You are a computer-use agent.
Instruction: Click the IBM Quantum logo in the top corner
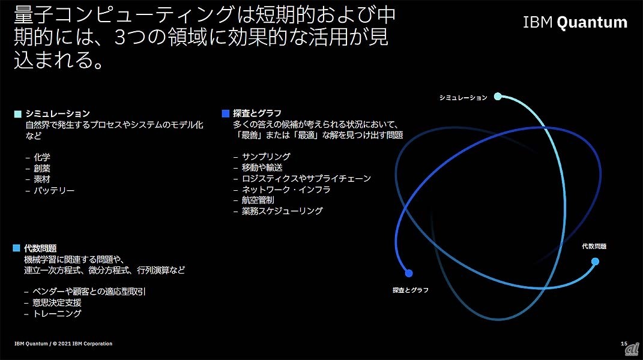575,22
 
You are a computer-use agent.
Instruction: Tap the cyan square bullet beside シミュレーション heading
17,114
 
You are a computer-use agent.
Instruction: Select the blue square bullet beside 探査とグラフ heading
225,113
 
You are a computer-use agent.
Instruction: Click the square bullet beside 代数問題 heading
16,248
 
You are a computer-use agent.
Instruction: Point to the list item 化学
42,157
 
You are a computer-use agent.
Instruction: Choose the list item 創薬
42,168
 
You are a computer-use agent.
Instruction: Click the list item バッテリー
54,191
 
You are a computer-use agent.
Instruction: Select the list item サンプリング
266,156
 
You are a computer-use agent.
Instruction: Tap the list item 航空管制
258,200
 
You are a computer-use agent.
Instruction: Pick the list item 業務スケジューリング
282,211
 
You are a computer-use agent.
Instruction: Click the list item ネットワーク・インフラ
286,190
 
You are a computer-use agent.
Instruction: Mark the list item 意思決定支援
57,302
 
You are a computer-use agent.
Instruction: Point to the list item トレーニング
57,314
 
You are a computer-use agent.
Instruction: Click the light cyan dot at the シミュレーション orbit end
498,97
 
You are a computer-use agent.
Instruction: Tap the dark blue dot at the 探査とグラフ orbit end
409,273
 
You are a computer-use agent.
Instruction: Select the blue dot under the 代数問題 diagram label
595,262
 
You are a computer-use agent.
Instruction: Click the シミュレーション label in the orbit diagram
463,98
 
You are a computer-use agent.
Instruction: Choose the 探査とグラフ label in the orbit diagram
411,290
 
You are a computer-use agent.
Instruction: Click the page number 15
624,344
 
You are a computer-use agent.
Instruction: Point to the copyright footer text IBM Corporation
92,344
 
